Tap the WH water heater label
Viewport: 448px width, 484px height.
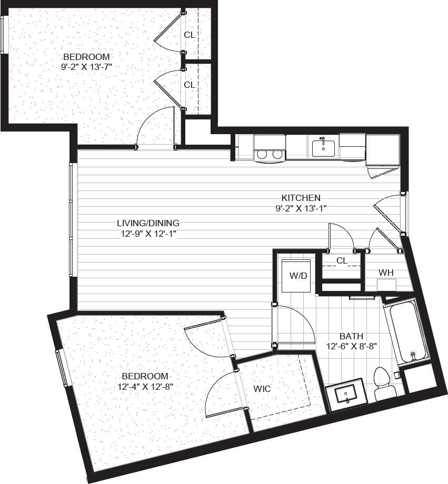pos(386,273)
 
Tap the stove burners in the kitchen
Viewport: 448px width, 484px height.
pos(269,155)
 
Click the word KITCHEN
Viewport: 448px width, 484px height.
pos(301,198)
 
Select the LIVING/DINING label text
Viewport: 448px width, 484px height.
pos(148,223)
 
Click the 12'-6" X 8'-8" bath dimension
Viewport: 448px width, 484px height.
pos(352,346)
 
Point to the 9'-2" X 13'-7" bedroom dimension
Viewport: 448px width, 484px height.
pos(86,66)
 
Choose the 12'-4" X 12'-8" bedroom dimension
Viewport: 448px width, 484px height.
pos(145,386)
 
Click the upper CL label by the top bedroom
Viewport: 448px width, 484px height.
pos(190,35)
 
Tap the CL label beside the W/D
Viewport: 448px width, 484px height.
pos(342,260)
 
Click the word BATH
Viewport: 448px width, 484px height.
pos(351,336)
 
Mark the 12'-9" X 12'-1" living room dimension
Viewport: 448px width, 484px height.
pos(148,233)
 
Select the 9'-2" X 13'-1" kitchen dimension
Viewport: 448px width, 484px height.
pos(301,208)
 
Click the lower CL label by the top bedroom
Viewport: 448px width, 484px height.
pos(190,84)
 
